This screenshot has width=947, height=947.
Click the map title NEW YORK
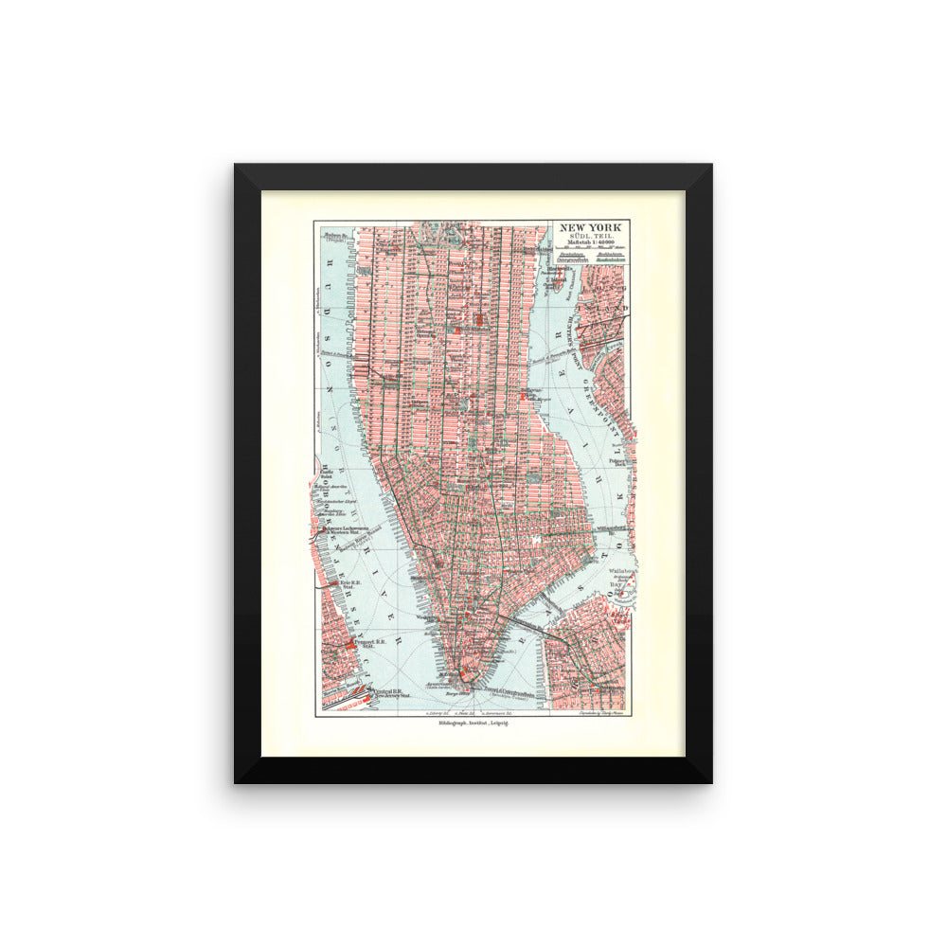click(x=593, y=227)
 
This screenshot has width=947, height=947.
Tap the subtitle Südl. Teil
click(x=593, y=238)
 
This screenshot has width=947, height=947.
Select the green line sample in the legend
click(x=571, y=269)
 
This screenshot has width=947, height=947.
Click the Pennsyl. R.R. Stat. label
click(x=366, y=645)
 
